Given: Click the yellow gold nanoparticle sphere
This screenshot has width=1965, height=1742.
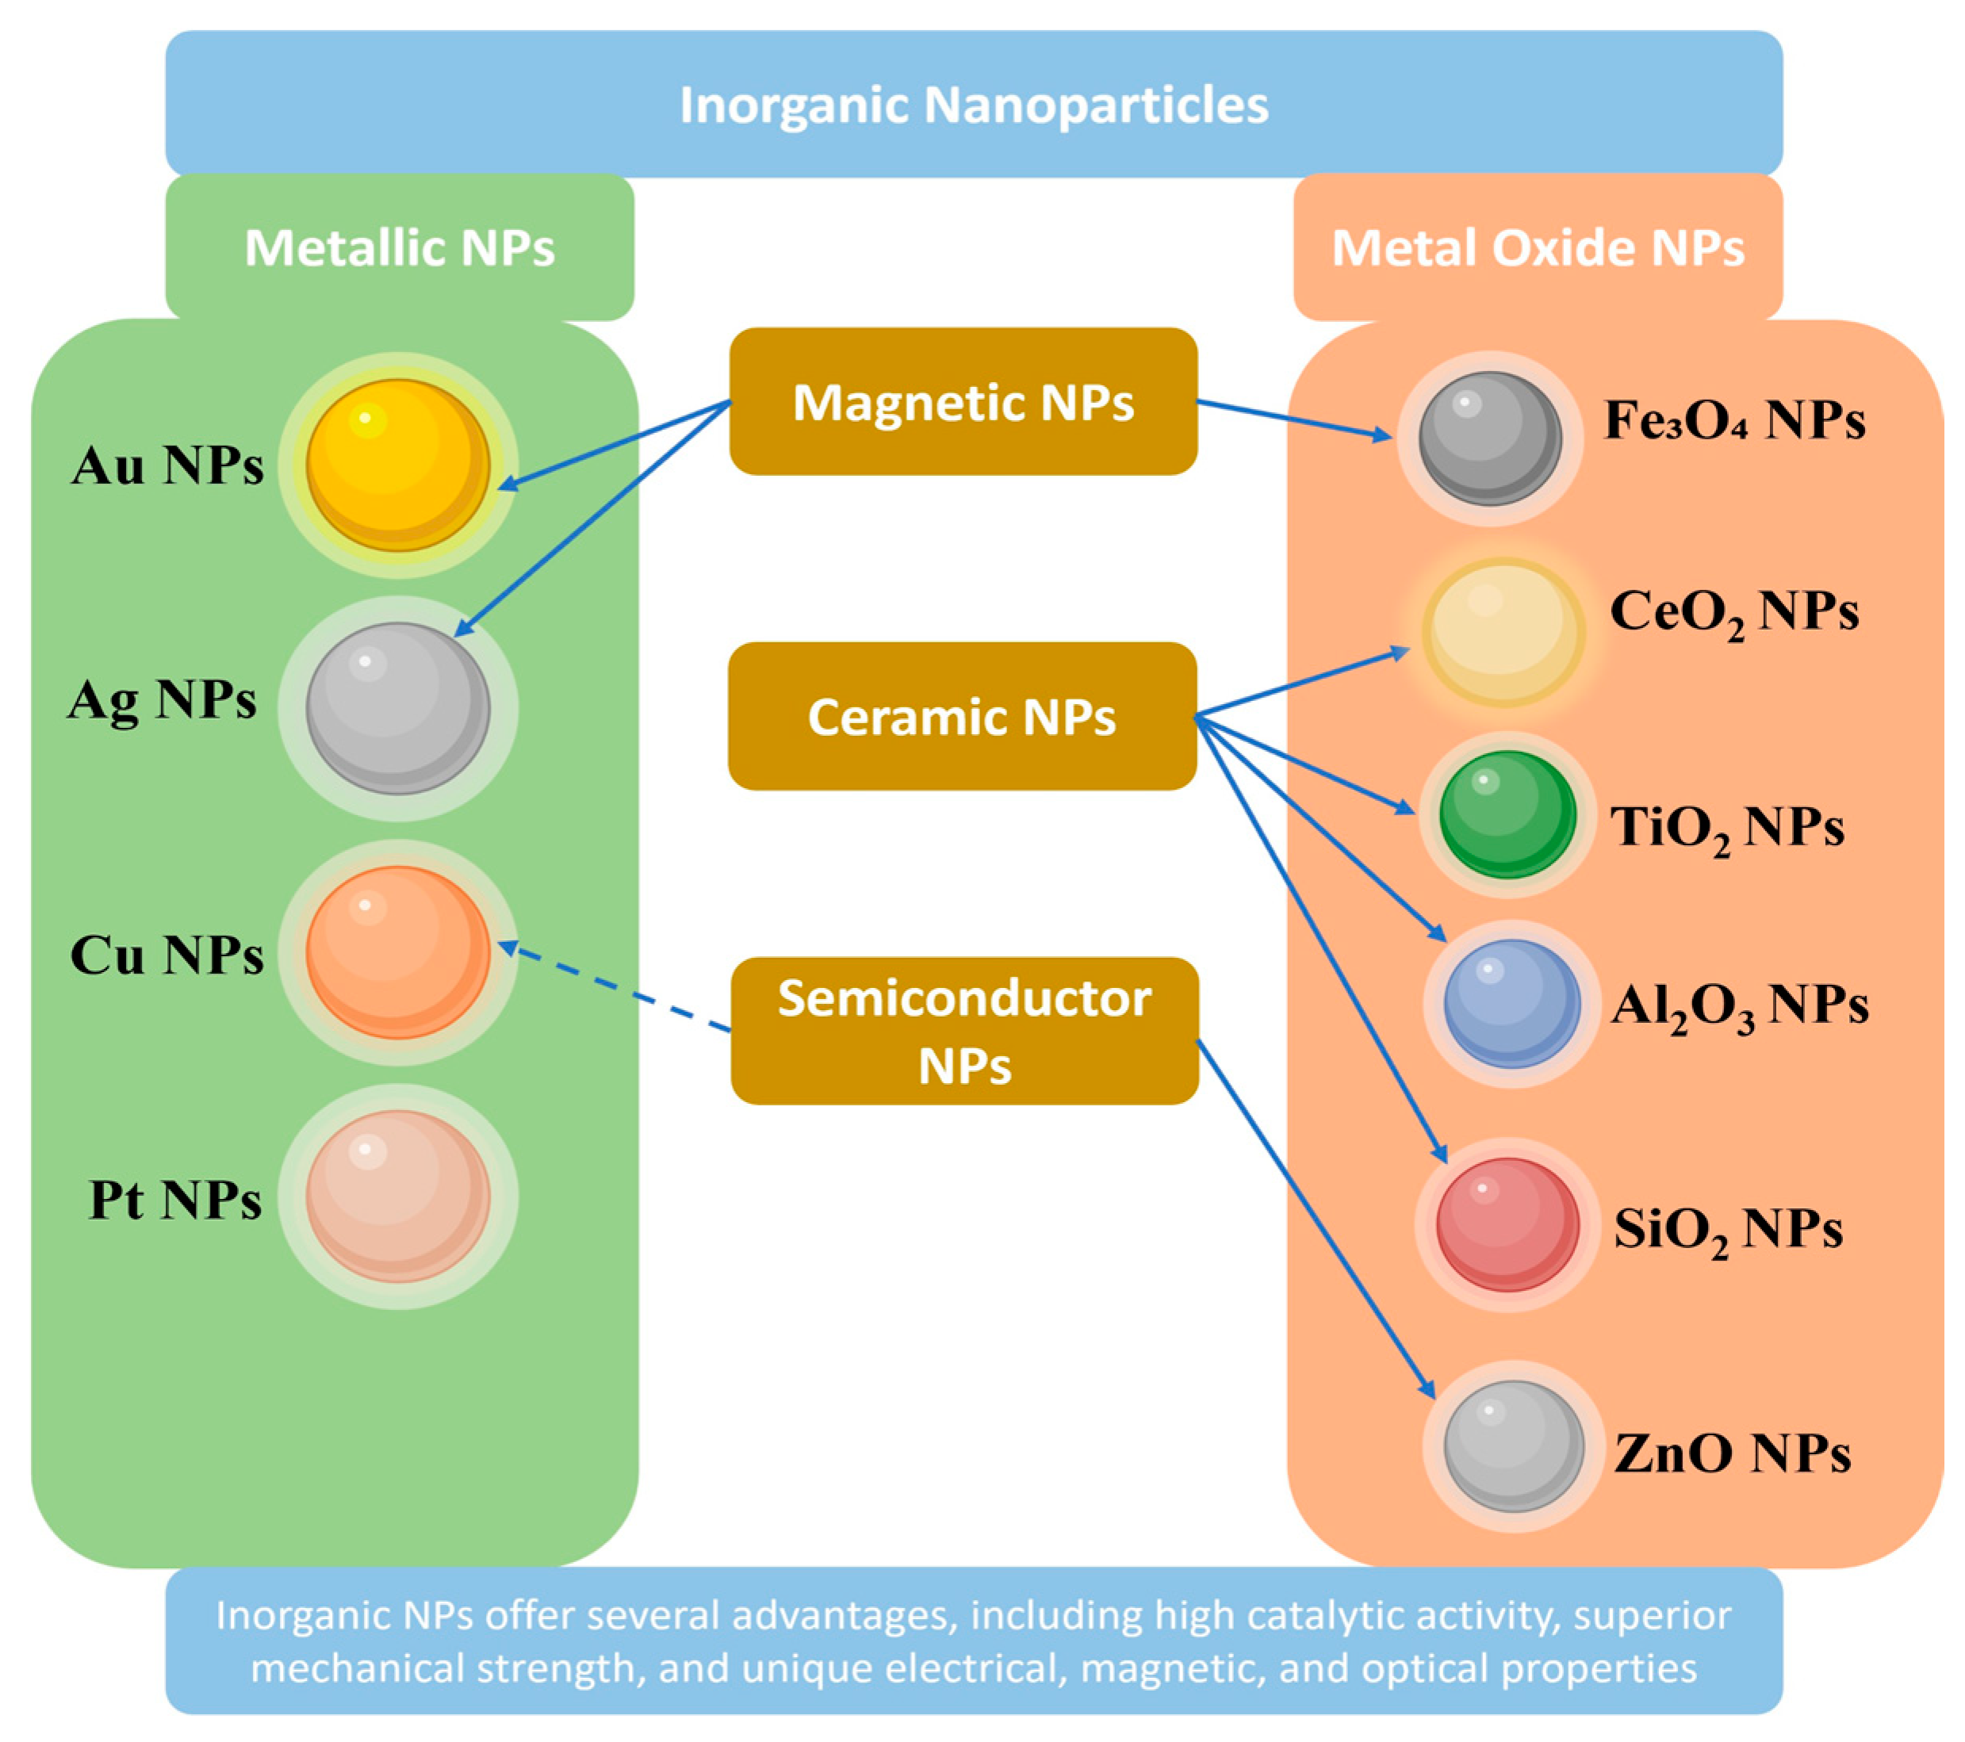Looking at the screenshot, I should [397, 465].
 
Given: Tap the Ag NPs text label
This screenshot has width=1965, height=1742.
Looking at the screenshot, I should [162, 701].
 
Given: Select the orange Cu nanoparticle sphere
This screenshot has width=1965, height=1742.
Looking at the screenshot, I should [397, 951].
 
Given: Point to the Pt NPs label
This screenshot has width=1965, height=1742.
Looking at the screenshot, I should [175, 1200].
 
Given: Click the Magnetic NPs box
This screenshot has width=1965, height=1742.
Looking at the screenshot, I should [963, 402].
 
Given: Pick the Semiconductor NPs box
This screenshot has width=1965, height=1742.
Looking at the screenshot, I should [964, 1031].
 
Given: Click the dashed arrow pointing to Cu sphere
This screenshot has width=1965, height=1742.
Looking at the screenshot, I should [615, 990].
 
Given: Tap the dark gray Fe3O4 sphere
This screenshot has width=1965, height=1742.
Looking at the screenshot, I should [1489, 438].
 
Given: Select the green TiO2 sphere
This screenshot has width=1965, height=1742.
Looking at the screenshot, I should [1507, 814].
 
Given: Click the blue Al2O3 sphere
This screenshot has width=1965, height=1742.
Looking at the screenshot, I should [1511, 1003].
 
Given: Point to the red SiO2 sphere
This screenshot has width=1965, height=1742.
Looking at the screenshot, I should [1507, 1223].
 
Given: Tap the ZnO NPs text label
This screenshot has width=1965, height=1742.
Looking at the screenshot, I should [1731, 1453].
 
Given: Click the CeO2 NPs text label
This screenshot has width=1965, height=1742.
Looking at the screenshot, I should [1733, 611].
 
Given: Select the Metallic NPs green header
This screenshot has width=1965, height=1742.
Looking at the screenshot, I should [399, 247].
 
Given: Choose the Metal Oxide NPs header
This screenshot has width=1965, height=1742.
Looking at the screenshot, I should [1538, 247].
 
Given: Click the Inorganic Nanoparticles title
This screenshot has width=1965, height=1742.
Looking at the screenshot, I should [974, 105].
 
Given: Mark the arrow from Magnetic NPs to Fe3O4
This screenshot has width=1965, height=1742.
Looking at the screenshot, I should [1293, 419].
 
